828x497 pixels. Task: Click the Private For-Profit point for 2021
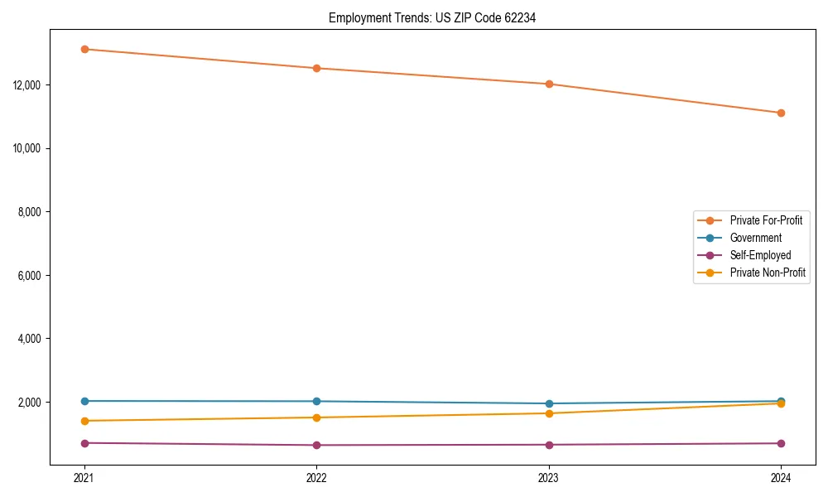click(x=84, y=49)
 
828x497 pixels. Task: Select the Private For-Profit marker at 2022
click(x=316, y=68)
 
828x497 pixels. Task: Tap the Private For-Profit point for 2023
click(x=549, y=84)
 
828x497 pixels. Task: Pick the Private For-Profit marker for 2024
click(x=781, y=113)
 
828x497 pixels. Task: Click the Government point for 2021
click(x=84, y=401)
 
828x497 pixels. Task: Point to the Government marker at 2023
click(x=549, y=403)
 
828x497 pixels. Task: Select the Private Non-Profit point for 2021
click(x=84, y=421)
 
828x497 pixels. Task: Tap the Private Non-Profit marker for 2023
click(x=549, y=413)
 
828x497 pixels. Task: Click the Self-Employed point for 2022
click(x=316, y=445)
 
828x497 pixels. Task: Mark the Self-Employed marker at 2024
click(x=781, y=443)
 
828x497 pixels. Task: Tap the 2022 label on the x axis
click(x=316, y=477)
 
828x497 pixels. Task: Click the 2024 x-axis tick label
click(x=781, y=477)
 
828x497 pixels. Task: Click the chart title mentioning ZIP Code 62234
click(x=432, y=18)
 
